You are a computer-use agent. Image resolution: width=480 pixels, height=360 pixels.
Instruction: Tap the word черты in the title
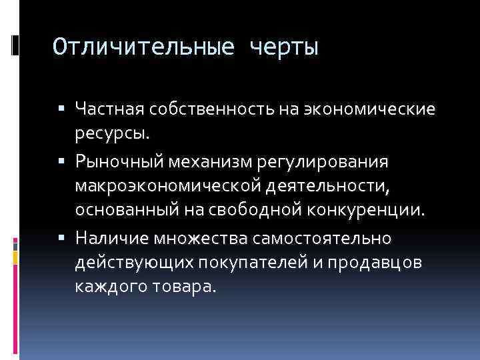coord(284,47)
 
